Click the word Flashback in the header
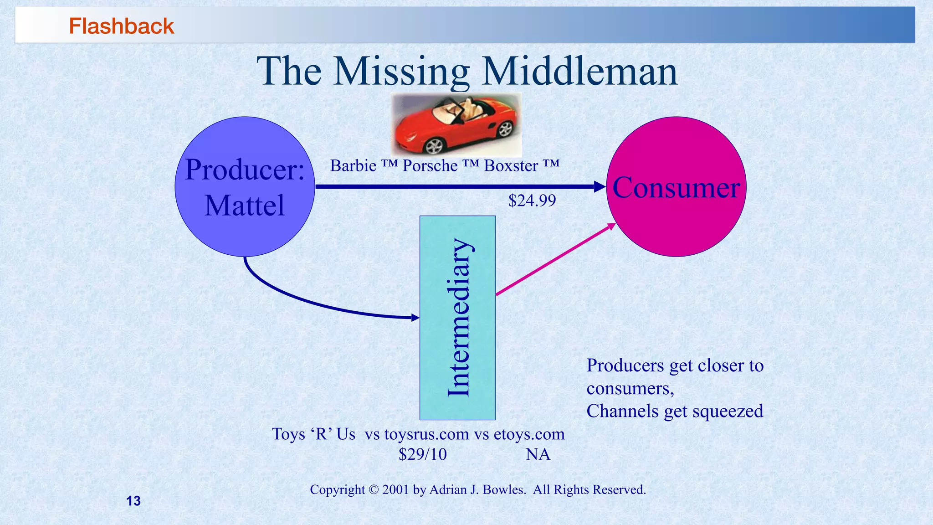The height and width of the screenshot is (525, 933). click(x=121, y=26)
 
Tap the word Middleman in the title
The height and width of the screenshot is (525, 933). click(x=579, y=72)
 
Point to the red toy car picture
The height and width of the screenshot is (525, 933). click(x=456, y=124)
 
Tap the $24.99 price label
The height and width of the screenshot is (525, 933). click(x=532, y=201)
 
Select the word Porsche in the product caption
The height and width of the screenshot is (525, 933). click(x=430, y=165)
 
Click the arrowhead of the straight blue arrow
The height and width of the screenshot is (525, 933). click(x=600, y=186)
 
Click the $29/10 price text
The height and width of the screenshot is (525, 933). click(x=422, y=454)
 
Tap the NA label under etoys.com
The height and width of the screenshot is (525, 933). click(x=538, y=454)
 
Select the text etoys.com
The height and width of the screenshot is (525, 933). click(x=529, y=434)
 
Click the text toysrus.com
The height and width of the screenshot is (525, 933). click(x=426, y=434)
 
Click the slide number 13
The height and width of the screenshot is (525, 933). click(x=133, y=501)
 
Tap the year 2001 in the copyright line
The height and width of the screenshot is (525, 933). click(x=396, y=489)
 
